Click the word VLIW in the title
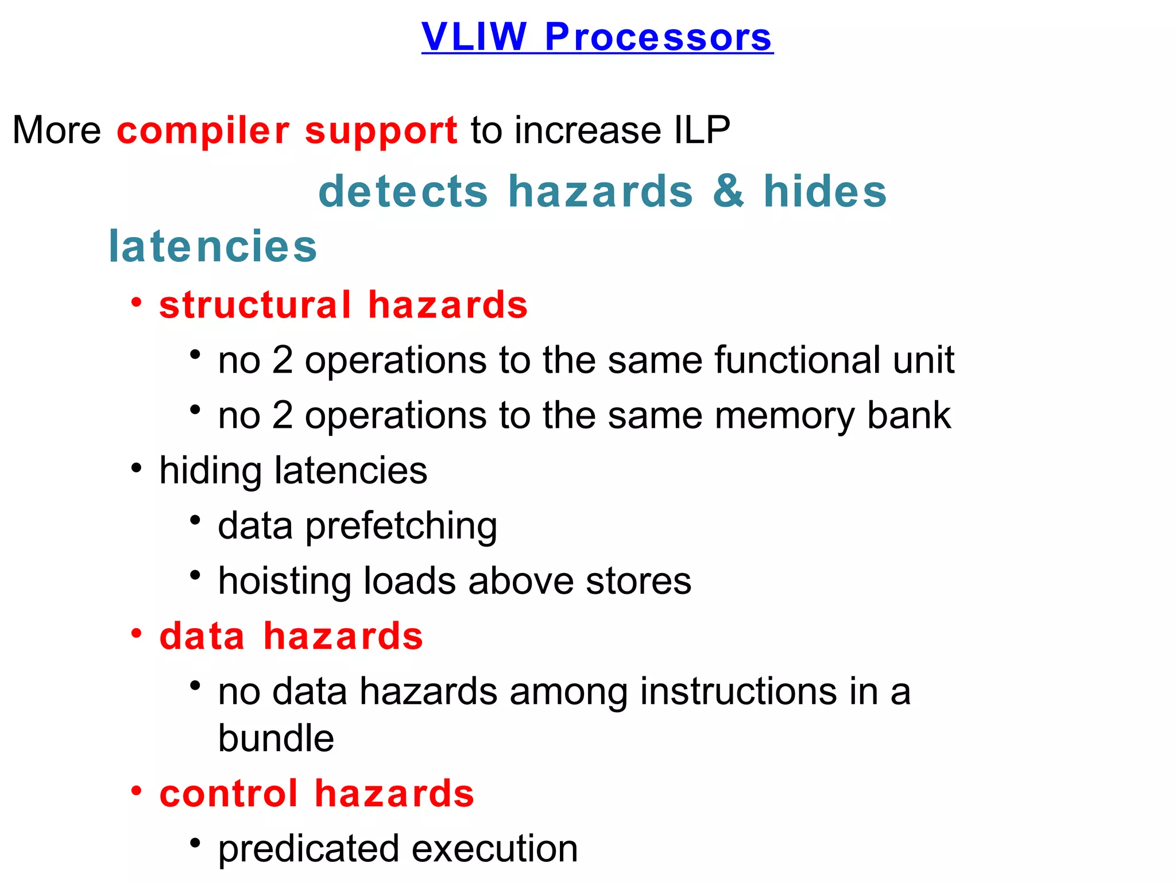click(x=474, y=37)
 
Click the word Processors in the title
click(x=658, y=37)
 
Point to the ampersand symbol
click(x=728, y=191)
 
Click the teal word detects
click(x=403, y=191)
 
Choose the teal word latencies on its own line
click(x=212, y=246)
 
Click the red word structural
click(x=255, y=304)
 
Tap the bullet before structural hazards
click(x=136, y=303)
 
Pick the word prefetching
click(x=401, y=526)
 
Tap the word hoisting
click(x=285, y=581)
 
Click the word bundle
click(x=276, y=738)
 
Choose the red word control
click(x=229, y=794)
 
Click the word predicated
click(x=308, y=849)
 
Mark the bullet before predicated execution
click(x=195, y=844)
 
